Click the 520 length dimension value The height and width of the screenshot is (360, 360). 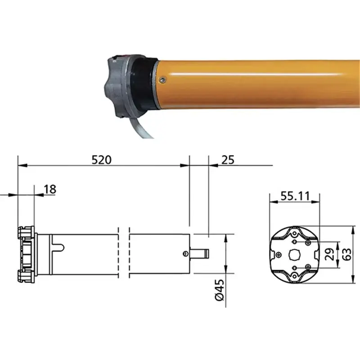point(102,160)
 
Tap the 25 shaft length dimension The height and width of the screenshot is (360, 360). point(228,160)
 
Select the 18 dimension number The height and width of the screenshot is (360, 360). point(50,189)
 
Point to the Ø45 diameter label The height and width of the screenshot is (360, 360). point(220,290)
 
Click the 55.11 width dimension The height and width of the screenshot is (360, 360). point(295,196)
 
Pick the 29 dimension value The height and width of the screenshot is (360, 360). point(330,254)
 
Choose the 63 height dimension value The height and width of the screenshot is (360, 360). point(346,254)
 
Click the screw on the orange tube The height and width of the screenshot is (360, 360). point(163,80)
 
